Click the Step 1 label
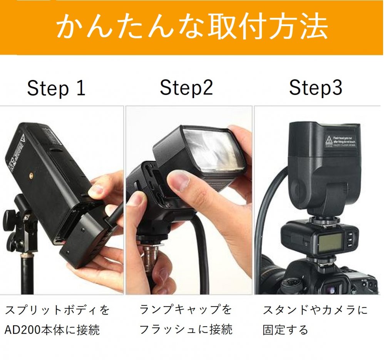[56, 89]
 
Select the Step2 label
[186, 88]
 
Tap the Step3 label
[316, 88]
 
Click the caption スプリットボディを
[57, 310]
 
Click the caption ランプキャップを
[186, 310]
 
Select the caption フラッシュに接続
[186, 329]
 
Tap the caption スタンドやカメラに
[315, 310]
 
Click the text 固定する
[285, 330]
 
